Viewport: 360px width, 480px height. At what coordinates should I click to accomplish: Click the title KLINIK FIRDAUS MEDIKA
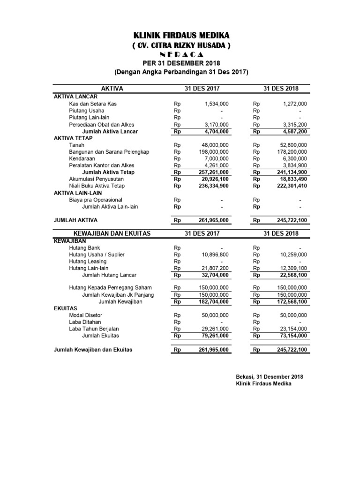tap(181, 36)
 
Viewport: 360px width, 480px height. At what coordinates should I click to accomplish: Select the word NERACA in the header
tap(181, 55)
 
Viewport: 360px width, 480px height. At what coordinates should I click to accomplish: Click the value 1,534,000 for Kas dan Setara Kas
tap(217, 104)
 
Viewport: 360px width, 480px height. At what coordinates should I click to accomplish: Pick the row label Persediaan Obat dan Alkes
tap(101, 125)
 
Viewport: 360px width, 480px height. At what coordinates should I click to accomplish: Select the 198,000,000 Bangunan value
tap(213, 152)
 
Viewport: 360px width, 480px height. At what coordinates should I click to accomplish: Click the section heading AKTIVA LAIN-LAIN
tap(78, 193)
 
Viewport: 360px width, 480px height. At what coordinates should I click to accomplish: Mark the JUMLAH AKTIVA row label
tap(76, 220)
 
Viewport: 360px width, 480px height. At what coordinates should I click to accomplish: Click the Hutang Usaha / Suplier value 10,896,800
tap(215, 255)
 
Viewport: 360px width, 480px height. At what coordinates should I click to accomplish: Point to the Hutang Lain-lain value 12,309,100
tap(293, 268)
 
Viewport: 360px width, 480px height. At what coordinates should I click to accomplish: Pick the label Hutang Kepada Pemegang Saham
tap(110, 288)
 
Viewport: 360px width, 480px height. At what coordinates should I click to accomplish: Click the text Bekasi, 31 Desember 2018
tap(270, 377)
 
